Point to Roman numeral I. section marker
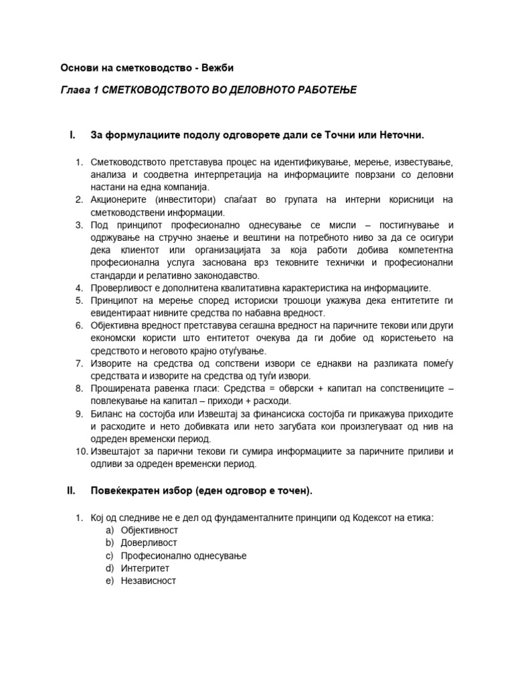pyautogui.click(x=73, y=136)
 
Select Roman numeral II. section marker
pyautogui.click(x=72, y=492)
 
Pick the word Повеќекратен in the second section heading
pyautogui.click(x=126, y=492)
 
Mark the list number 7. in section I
pyautogui.click(x=78, y=363)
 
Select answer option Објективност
pyautogui.click(x=149, y=530)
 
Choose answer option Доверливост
pyautogui.click(x=149, y=543)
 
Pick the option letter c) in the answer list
pyautogui.click(x=109, y=555)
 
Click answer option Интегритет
pyautogui.click(x=145, y=568)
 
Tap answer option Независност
pyautogui.click(x=148, y=581)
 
